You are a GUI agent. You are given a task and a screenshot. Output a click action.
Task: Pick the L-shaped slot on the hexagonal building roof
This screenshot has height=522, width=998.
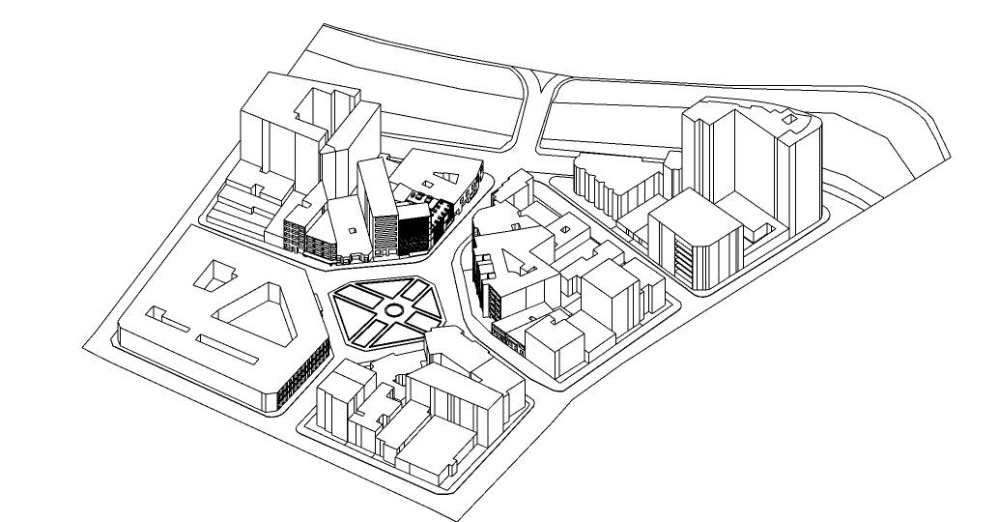click(164, 315)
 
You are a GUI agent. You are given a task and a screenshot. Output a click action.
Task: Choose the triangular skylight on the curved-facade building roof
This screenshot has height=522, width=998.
click(446, 178)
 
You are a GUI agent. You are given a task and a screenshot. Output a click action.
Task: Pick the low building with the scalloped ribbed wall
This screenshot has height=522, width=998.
click(609, 188)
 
